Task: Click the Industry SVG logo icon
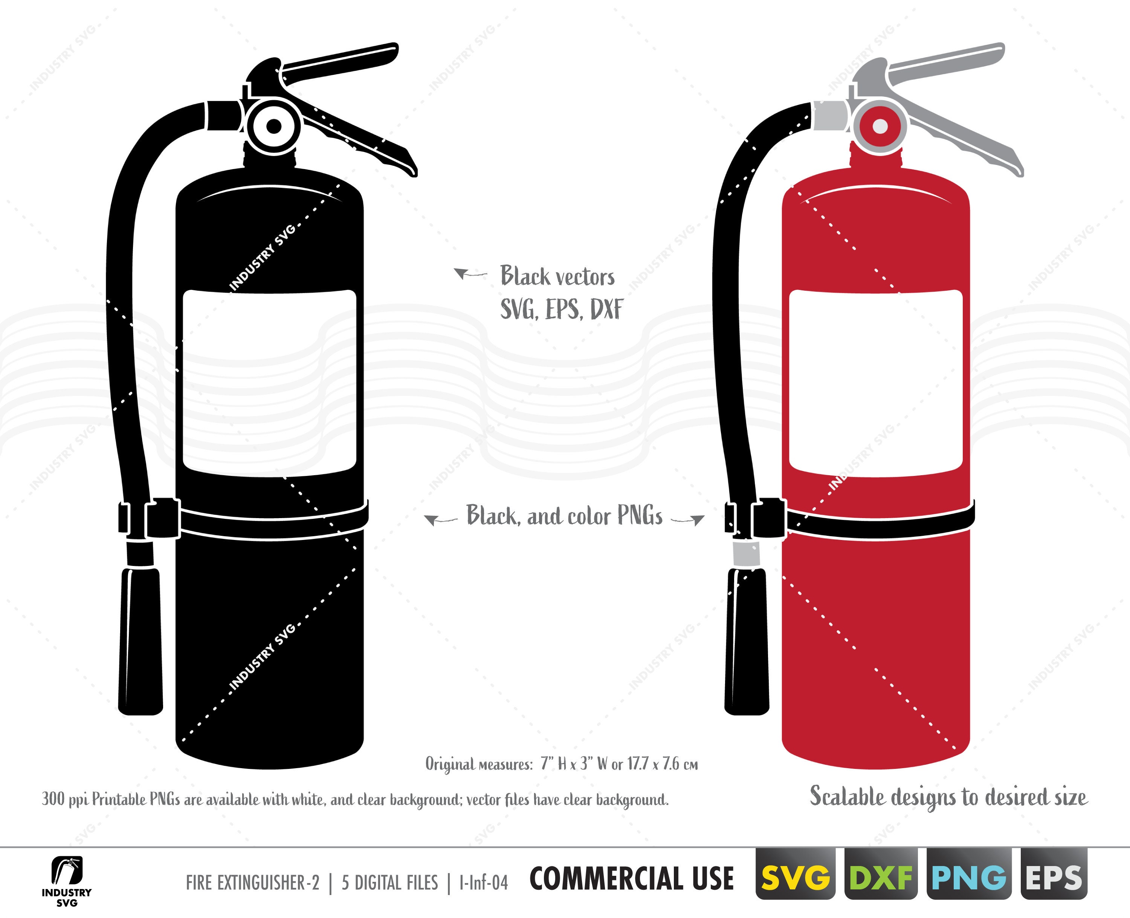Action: (67, 871)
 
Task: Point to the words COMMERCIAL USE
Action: (632, 879)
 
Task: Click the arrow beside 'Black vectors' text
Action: (469, 274)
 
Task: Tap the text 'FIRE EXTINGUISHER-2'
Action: (253, 883)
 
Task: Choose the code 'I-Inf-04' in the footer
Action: (484, 883)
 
